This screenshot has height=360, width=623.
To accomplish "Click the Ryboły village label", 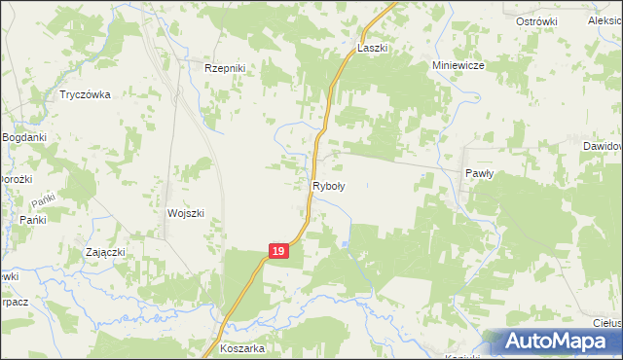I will pyautogui.click(x=328, y=184).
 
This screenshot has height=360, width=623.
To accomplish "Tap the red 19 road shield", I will pyautogui.click(x=278, y=251).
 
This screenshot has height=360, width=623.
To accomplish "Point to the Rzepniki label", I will pyautogui.click(x=228, y=67).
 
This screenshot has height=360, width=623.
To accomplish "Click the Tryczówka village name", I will pyautogui.click(x=86, y=94).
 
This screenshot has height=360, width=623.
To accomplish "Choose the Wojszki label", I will pyautogui.click(x=185, y=213).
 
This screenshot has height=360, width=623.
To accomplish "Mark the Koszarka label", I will pyautogui.click(x=242, y=348).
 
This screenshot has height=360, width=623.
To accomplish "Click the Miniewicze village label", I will pyautogui.click(x=458, y=65).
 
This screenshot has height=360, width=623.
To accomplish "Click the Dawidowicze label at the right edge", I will pyautogui.click(x=603, y=146).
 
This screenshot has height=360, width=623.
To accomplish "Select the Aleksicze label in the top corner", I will pyautogui.click(x=605, y=20).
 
